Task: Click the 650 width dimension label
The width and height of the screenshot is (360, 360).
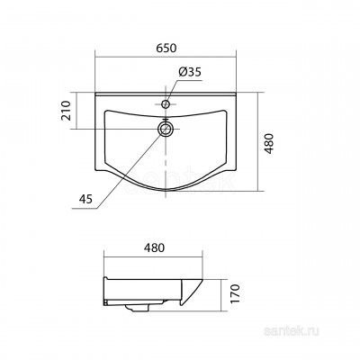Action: pos(166,48)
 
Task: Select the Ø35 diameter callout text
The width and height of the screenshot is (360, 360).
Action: pos(189,72)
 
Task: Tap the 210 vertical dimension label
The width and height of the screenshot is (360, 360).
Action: pos(66,111)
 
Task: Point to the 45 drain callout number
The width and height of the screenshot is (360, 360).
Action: pos(85,199)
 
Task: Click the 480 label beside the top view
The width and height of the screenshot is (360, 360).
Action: pos(270,143)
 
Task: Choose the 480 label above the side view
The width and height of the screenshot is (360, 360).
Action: pos(154,247)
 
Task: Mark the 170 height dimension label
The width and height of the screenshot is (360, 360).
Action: pos(236,293)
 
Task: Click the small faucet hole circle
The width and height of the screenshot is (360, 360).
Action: pos(166,104)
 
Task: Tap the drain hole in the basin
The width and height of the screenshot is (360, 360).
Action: pos(166,130)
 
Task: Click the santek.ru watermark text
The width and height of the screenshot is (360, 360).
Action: pos(292,331)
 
